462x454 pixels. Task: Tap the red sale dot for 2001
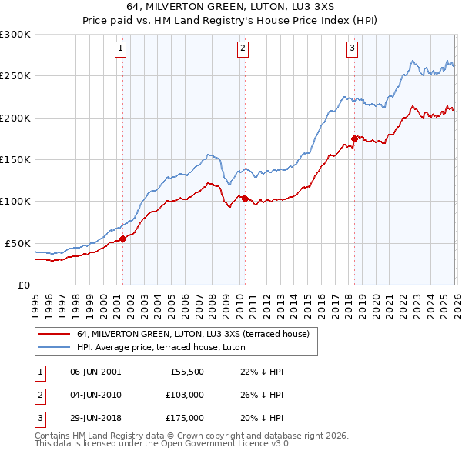click(122, 239)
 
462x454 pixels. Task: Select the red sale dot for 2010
click(245, 199)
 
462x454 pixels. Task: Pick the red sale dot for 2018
click(354, 139)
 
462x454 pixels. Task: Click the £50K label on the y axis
click(18, 243)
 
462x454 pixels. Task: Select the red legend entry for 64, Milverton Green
click(192, 334)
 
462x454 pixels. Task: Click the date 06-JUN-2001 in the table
click(95, 371)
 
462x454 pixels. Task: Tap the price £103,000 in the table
click(184, 395)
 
